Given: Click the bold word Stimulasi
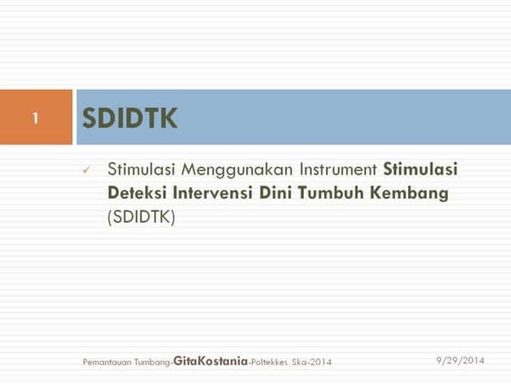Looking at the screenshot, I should tap(421, 169).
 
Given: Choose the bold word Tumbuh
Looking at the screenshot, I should tap(352, 193).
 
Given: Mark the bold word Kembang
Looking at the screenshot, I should tap(421, 193).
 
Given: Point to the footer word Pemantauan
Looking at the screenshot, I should tap(102, 363).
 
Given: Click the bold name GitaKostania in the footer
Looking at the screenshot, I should tap(210, 362).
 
